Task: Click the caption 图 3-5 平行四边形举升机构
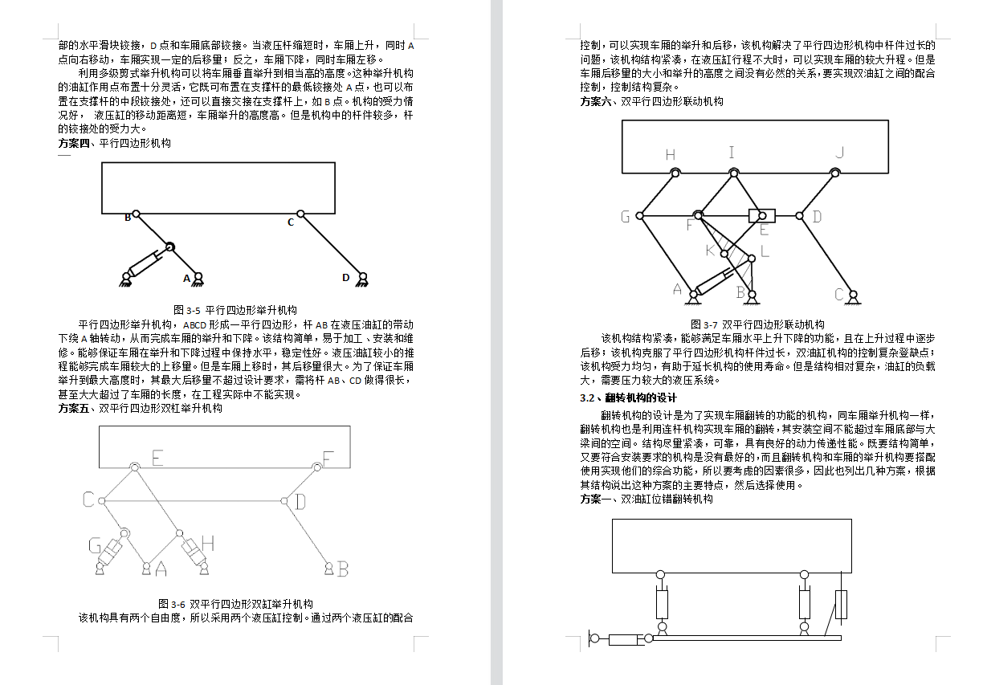235,309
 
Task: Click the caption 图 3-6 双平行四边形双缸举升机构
235,604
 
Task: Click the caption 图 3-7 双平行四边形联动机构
757,324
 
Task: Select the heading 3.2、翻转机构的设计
629,398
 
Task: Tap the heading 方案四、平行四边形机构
114,143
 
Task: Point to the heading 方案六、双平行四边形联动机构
651,101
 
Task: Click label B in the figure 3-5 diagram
127,217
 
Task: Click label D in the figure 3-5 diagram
346,278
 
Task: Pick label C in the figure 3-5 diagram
291,222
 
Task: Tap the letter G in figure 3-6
95,546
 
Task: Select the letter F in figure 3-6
328,459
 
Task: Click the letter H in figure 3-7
671,154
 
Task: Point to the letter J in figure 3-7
839,153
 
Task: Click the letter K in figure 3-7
710,251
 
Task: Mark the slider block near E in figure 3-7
761,215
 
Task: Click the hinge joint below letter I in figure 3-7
733,172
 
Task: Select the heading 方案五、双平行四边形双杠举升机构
140,408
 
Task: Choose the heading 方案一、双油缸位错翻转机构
646,499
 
